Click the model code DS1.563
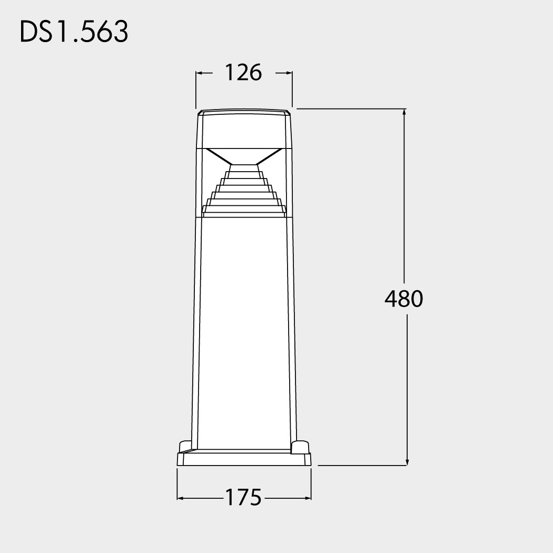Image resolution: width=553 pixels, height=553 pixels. pyautogui.click(x=74, y=32)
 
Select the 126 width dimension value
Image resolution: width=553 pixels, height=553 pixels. pyautogui.click(x=243, y=73)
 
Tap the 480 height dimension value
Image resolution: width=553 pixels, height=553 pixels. pyautogui.click(x=404, y=299)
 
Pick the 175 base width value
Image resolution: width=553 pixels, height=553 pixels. pyautogui.click(x=243, y=497)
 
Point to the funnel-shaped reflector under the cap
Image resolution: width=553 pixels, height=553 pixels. pyautogui.click(x=244, y=156)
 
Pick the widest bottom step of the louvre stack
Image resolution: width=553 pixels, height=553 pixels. pyautogui.click(x=244, y=212)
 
